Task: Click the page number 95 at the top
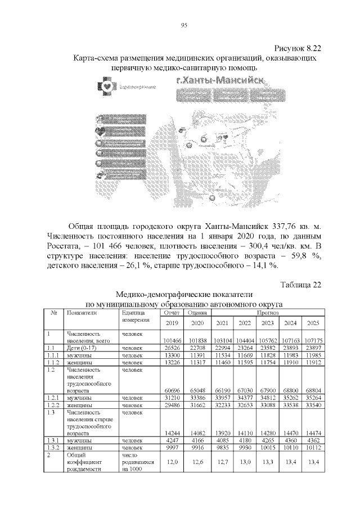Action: click(183, 25)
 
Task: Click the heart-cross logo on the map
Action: click(106, 87)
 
